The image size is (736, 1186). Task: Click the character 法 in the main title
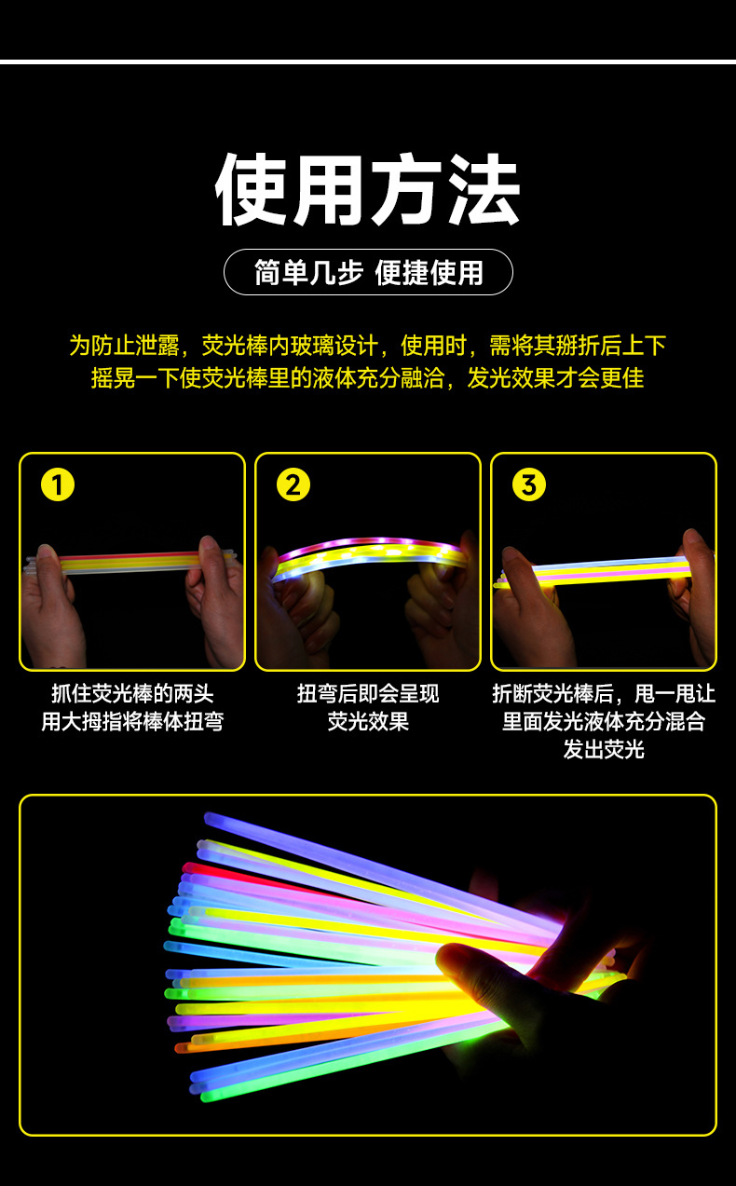pyautogui.click(x=482, y=191)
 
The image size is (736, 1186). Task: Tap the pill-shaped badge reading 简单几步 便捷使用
pyautogui.click(x=368, y=272)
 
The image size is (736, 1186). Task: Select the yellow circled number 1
pyautogui.click(x=58, y=485)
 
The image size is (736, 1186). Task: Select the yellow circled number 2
pyautogui.click(x=293, y=485)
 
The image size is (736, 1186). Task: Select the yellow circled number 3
pyautogui.click(x=529, y=485)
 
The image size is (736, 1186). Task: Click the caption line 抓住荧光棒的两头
pyautogui.click(x=132, y=694)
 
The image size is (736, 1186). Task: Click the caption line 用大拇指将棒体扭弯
pyautogui.click(x=132, y=722)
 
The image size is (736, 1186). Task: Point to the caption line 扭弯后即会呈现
pyautogui.click(x=368, y=694)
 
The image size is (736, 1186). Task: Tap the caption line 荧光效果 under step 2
pyautogui.click(x=368, y=722)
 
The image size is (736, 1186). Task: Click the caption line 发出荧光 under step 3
pyautogui.click(x=604, y=749)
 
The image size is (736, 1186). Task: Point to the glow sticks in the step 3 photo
pyautogui.click(x=596, y=571)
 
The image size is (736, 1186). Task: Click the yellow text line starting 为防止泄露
pyautogui.click(x=368, y=346)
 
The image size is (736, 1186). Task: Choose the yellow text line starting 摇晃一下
pyautogui.click(x=368, y=378)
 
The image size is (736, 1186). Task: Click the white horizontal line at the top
pyautogui.click(x=368, y=61)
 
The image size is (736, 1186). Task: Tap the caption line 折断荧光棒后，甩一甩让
pyautogui.click(x=604, y=694)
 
